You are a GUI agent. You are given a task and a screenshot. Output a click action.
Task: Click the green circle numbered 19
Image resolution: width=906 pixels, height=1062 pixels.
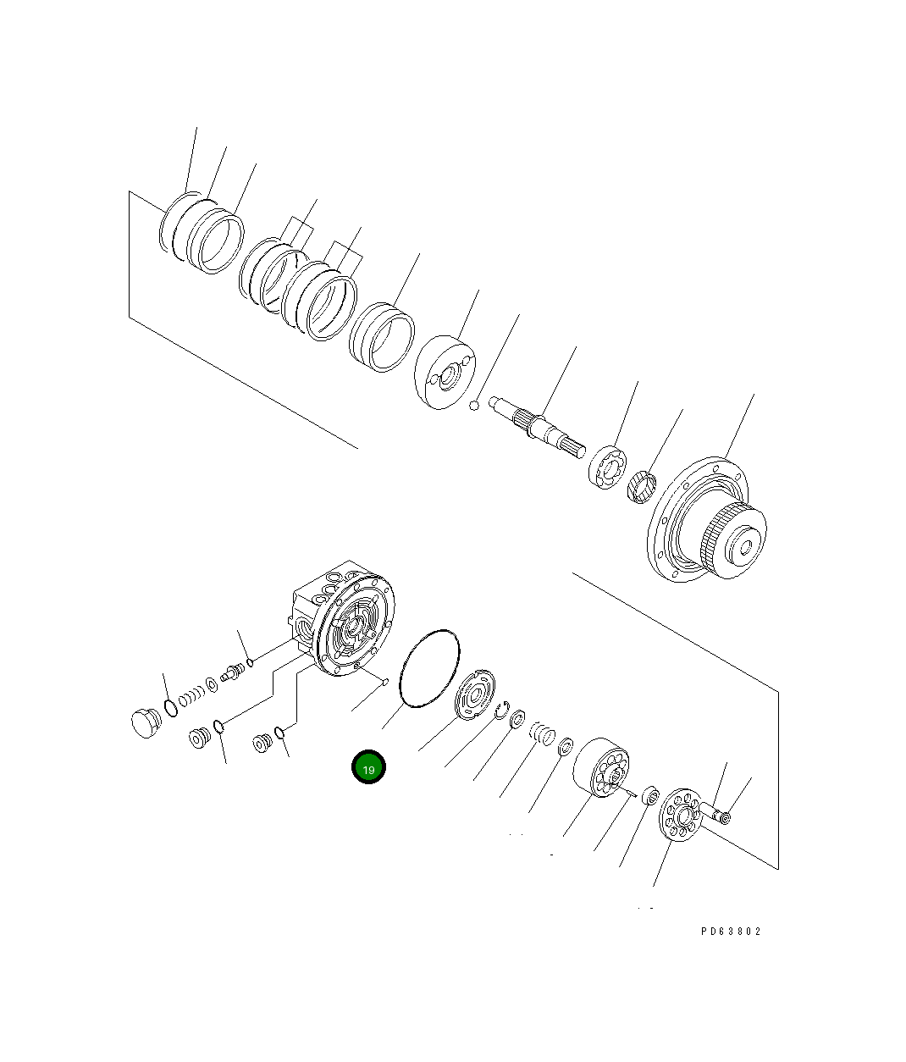[x=368, y=767]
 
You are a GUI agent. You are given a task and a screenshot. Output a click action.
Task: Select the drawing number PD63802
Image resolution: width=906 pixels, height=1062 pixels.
[x=731, y=931]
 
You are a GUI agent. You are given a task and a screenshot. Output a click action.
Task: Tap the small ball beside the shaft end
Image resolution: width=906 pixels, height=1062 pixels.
[x=475, y=406]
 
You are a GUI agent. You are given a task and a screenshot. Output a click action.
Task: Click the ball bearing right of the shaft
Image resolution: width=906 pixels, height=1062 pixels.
[x=607, y=467]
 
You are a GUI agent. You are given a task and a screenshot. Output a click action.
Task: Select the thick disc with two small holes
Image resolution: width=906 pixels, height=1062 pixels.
[x=445, y=373]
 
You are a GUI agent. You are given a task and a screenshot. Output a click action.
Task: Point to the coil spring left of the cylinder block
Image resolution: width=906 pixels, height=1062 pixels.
[x=541, y=732]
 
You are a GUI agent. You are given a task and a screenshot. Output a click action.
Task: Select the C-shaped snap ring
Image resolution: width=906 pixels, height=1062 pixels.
[x=503, y=711]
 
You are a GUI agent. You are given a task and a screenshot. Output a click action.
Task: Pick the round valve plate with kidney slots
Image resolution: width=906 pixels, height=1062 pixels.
[x=474, y=695]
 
